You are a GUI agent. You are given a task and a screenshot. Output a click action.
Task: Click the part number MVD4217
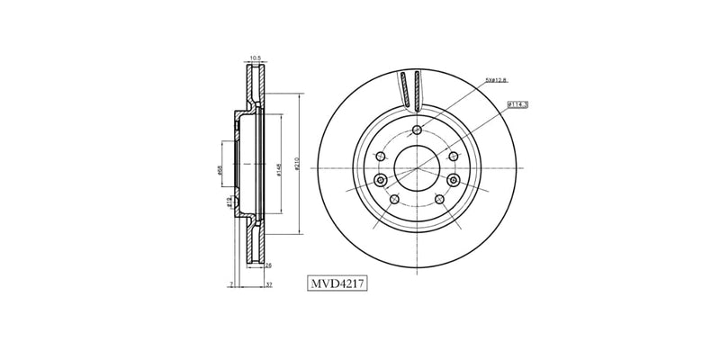[337, 284]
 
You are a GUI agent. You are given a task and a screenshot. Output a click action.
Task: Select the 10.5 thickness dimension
[255, 58]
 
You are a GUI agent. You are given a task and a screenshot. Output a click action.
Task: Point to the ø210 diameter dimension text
[296, 167]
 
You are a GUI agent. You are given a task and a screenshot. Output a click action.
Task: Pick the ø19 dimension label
[230, 202]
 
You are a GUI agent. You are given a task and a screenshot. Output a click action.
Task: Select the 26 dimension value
[269, 265]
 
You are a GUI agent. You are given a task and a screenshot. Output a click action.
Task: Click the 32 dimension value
[269, 284]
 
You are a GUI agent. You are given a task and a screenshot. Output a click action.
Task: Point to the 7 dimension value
[231, 284]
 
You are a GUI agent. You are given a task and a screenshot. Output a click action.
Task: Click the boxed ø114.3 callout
[517, 104]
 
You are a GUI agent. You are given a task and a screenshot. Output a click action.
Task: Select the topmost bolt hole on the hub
[417, 130]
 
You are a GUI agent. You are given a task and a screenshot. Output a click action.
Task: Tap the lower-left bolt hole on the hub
[393, 199]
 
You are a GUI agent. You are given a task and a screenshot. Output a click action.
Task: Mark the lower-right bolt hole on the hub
[439, 199]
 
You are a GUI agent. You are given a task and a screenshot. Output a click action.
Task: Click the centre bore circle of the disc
[417, 167]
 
